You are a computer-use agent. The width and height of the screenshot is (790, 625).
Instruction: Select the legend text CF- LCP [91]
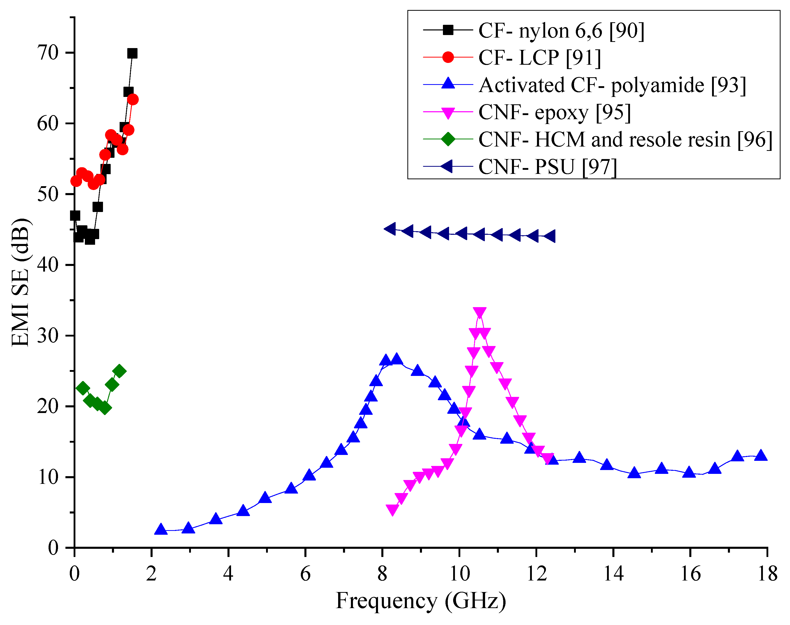[x=540, y=58]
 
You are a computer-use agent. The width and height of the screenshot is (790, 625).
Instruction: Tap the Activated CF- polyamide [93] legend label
[x=612, y=85]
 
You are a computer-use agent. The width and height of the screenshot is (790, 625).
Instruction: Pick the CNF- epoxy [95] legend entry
[x=554, y=112]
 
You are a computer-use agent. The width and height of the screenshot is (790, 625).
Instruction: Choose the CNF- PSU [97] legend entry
[x=547, y=167]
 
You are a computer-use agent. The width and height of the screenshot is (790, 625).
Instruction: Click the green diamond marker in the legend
[x=448, y=139]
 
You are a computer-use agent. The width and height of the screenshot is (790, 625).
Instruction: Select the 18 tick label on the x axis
[x=767, y=574]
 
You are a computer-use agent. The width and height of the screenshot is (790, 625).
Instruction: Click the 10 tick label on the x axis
[x=459, y=574]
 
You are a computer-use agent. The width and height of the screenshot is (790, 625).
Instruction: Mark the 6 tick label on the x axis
[x=305, y=574]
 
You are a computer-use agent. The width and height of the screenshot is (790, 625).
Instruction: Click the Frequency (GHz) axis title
[x=421, y=601]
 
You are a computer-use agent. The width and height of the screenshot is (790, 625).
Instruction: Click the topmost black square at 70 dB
[x=132, y=53]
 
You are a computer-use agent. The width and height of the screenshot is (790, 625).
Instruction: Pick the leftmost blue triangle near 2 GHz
[x=161, y=529]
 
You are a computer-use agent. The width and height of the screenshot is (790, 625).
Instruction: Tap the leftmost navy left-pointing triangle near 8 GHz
[x=390, y=229]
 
